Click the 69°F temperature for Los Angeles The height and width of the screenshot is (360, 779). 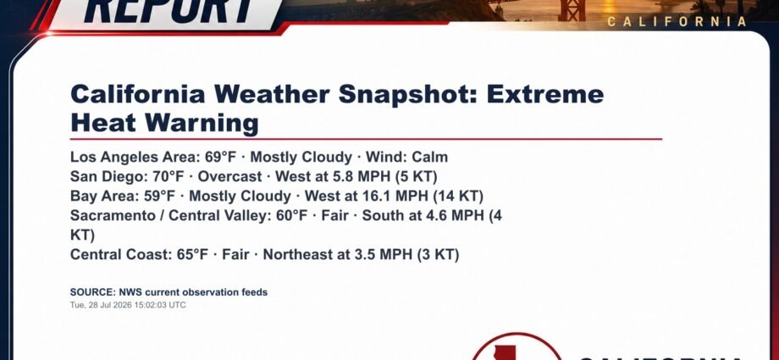pos(221,157)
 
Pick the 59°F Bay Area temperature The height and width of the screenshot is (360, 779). pos(159,196)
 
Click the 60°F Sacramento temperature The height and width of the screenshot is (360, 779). pos(291,215)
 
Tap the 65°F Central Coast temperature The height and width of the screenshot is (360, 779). pos(192,255)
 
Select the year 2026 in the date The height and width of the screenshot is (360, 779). pos(124,305)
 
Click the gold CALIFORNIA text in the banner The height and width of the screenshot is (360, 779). pos(677,21)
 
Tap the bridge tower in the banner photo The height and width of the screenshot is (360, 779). pos(572,10)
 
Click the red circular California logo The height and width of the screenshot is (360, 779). pos(517,348)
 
